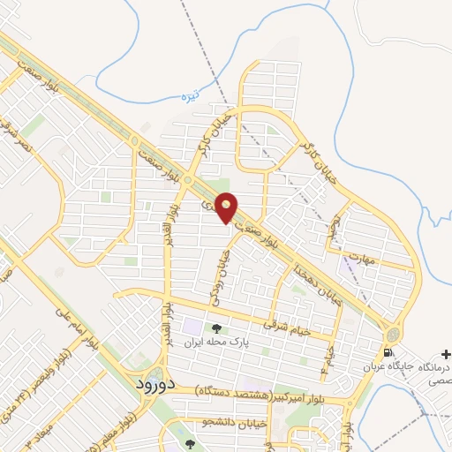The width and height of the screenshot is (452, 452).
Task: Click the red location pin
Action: click(x=228, y=208)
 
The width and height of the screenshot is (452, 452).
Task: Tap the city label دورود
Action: click(x=160, y=385)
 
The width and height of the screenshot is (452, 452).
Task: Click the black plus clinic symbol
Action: click(x=444, y=352)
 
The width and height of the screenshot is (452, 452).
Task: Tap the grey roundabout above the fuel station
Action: click(x=391, y=335)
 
